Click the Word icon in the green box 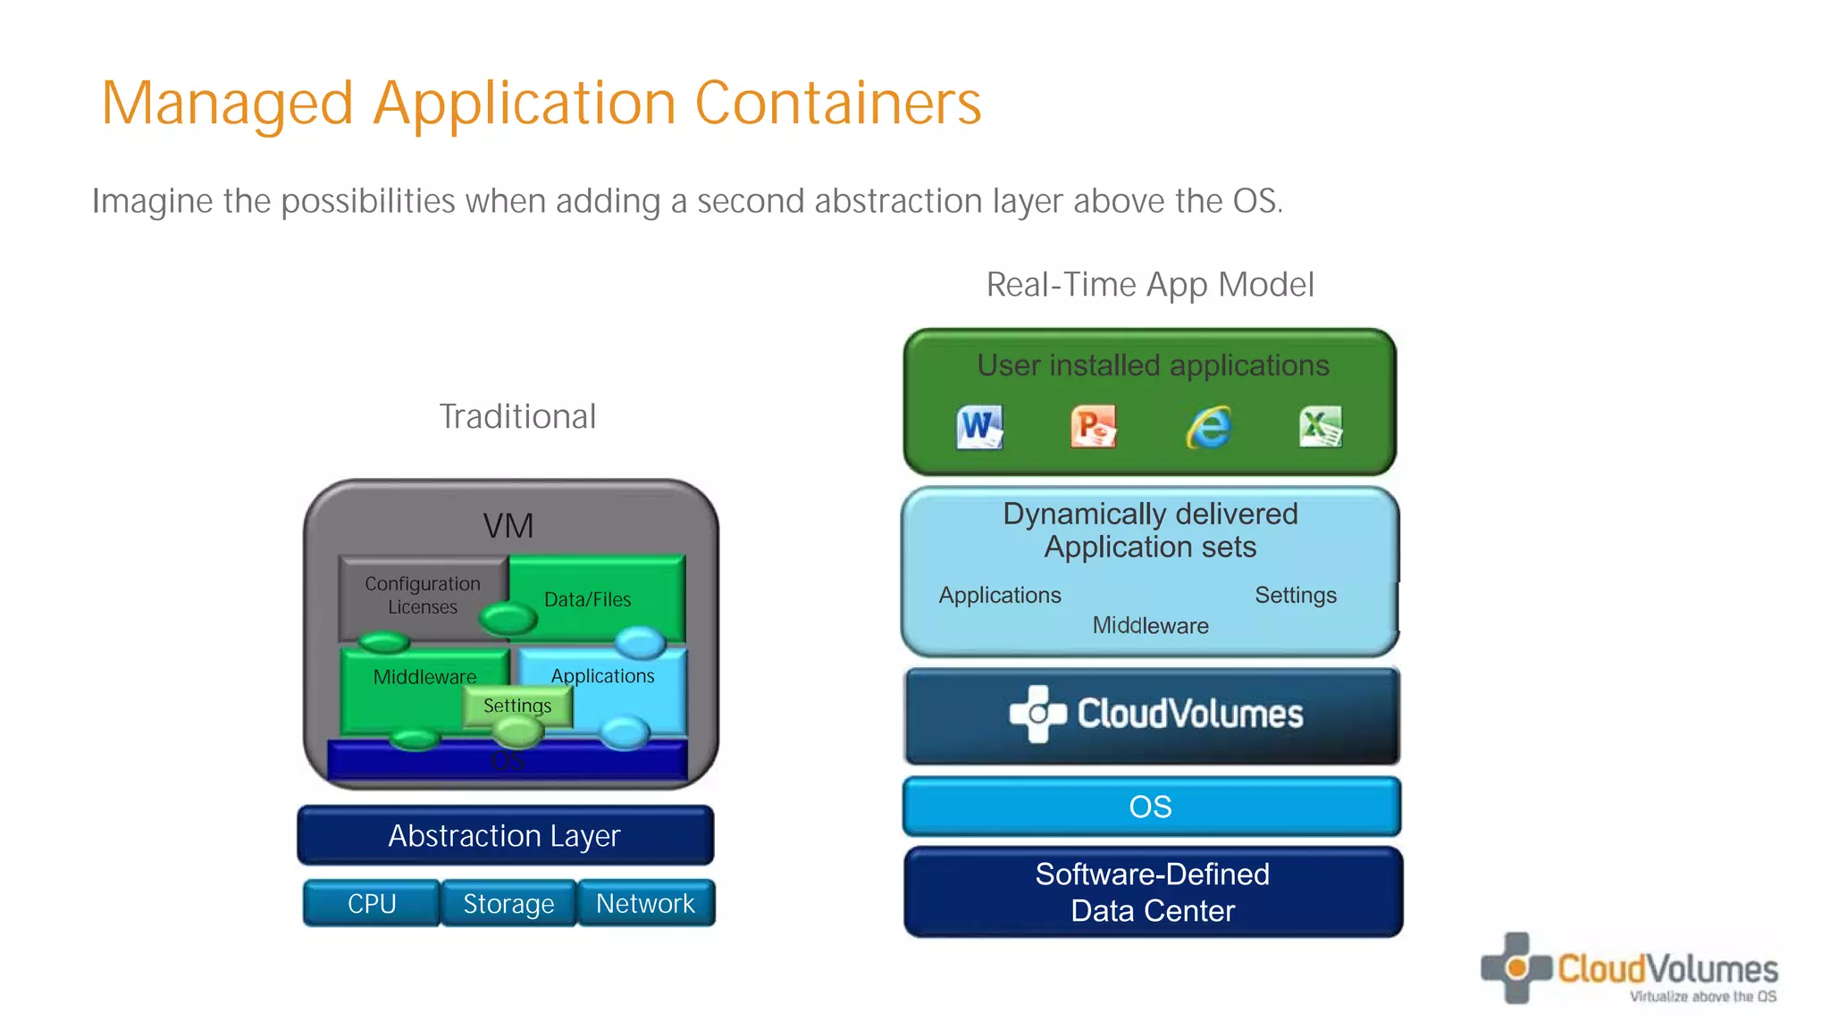pos(979,427)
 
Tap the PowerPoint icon pos(1093,426)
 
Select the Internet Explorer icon pos(1208,427)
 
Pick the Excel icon pos(1320,426)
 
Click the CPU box pos(372,904)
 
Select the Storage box pos(508,904)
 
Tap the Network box pos(645,904)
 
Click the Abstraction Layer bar pos(505,836)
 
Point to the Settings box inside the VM pos(517,706)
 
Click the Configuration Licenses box pos(423,595)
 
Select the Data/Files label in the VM pos(587,599)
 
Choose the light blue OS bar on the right pos(1151,807)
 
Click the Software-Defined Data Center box pos(1153,892)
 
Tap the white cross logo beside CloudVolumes pos(1037,714)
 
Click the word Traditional pos(517,416)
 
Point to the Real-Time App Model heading pos(1150,285)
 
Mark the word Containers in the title pos(837,103)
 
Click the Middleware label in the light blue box pos(1150,625)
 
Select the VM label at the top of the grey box pos(508,525)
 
